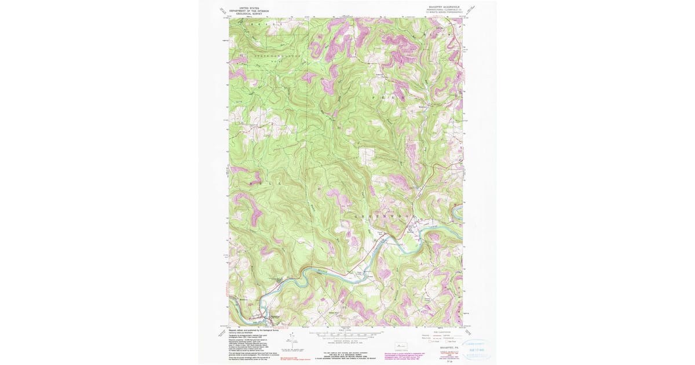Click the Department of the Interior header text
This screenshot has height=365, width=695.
click(x=250, y=10)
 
